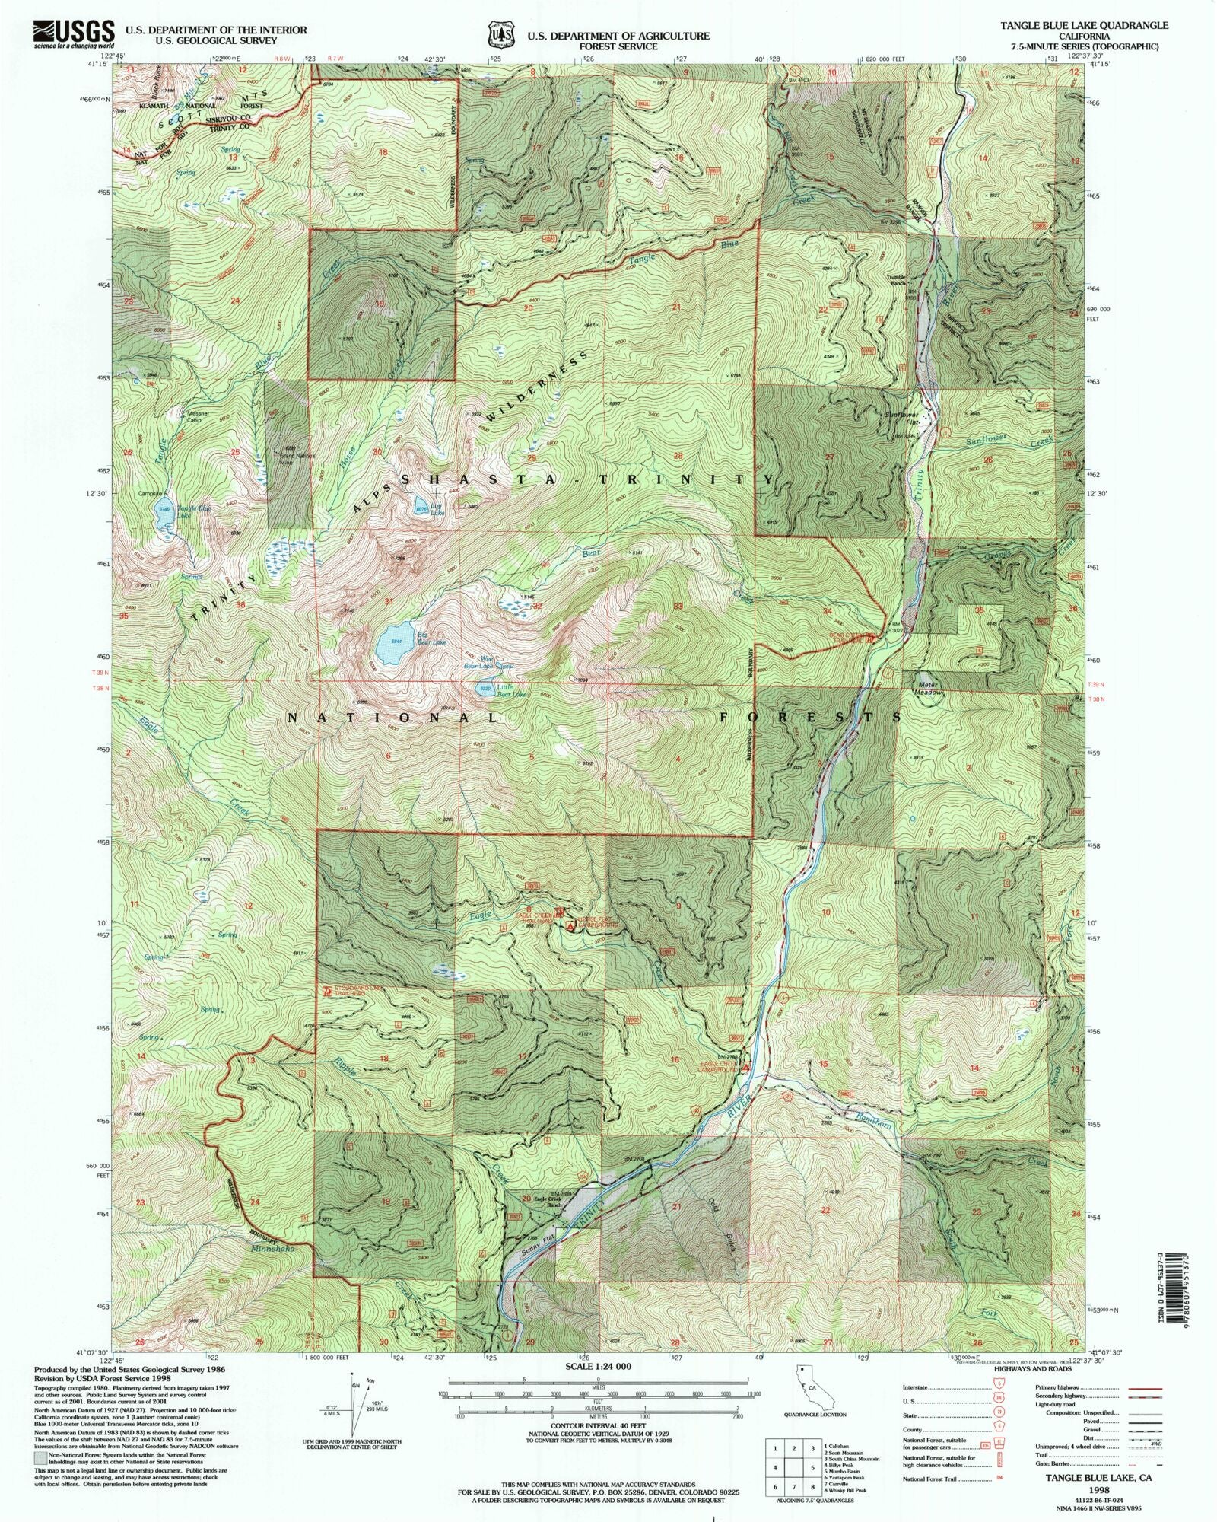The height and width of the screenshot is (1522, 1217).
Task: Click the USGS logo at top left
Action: coord(74,35)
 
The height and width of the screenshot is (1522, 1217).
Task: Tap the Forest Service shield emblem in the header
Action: coord(498,35)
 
